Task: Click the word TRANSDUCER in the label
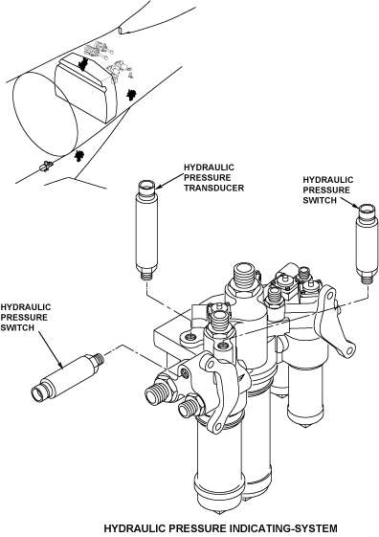pyautogui.click(x=214, y=188)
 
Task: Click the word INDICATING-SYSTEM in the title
pyautogui.click(x=283, y=528)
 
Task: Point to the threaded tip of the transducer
pyautogui.click(x=147, y=276)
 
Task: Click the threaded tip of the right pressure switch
pyautogui.click(x=368, y=280)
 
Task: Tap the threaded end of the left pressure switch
pyautogui.click(x=100, y=359)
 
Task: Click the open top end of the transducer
pyautogui.click(x=146, y=186)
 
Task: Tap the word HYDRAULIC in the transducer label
pyautogui.click(x=210, y=168)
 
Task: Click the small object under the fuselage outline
pyautogui.click(x=45, y=167)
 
